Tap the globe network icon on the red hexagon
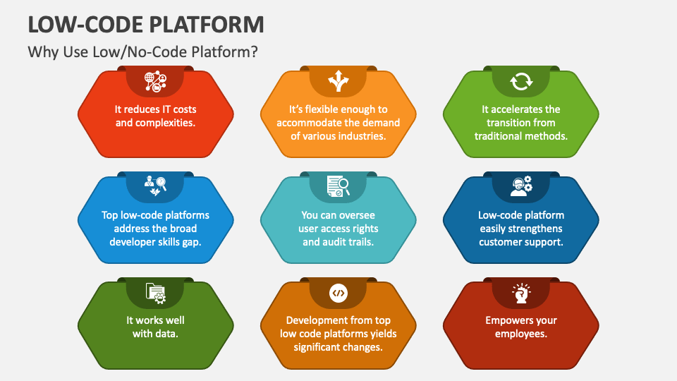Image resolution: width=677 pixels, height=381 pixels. click(x=155, y=82)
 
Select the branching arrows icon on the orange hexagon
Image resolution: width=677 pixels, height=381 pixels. click(x=338, y=82)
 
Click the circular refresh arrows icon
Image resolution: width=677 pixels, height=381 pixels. click(x=521, y=82)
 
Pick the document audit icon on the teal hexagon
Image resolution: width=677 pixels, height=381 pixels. click(x=338, y=187)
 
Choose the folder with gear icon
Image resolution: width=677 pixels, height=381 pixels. click(x=155, y=292)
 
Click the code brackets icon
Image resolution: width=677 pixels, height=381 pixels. click(x=338, y=292)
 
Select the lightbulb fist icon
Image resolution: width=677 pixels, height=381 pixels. click(x=521, y=292)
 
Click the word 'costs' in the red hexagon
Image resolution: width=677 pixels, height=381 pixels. click(x=182, y=109)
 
